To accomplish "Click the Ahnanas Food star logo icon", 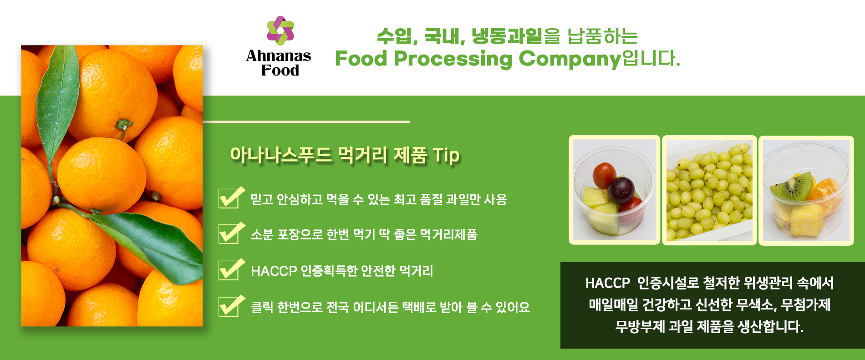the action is tap(280, 30).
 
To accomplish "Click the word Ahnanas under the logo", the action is tap(279, 56).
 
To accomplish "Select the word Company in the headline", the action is tap(570, 59).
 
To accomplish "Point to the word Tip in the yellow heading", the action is tap(446, 156).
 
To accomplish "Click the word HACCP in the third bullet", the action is tap(274, 271).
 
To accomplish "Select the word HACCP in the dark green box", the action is tap(607, 283).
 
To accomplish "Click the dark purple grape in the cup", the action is tap(621, 190).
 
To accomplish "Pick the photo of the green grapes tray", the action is tap(709, 190).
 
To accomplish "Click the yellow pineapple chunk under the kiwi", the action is tap(807, 220).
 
